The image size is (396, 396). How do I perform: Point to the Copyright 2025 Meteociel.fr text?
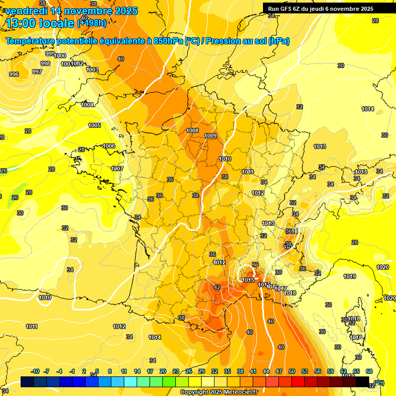tap(218, 392)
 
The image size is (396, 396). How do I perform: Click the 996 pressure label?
tap(14, 75)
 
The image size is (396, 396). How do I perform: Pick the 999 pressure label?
tap(50, 54)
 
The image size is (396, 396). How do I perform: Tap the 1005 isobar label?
tap(94, 125)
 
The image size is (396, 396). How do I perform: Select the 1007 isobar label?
tap(117, 169)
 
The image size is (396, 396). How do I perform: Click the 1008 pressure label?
tap(192, 130)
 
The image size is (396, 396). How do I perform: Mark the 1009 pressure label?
tap(210, 136)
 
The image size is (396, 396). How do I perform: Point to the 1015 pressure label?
tap(248, 280)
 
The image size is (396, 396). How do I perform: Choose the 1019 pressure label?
tap(350, 277)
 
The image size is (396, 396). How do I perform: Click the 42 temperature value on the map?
tap(217, 287)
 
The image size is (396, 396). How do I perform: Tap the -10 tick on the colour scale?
tap(36, 371)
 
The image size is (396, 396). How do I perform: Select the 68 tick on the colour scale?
tap(369, 371)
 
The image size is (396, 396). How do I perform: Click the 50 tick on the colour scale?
tap(292, 371)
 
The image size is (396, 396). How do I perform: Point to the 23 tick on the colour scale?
tap(176, 371)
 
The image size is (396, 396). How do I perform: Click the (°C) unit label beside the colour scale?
tap(379, 382)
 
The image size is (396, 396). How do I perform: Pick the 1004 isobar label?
tap(87, 105)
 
